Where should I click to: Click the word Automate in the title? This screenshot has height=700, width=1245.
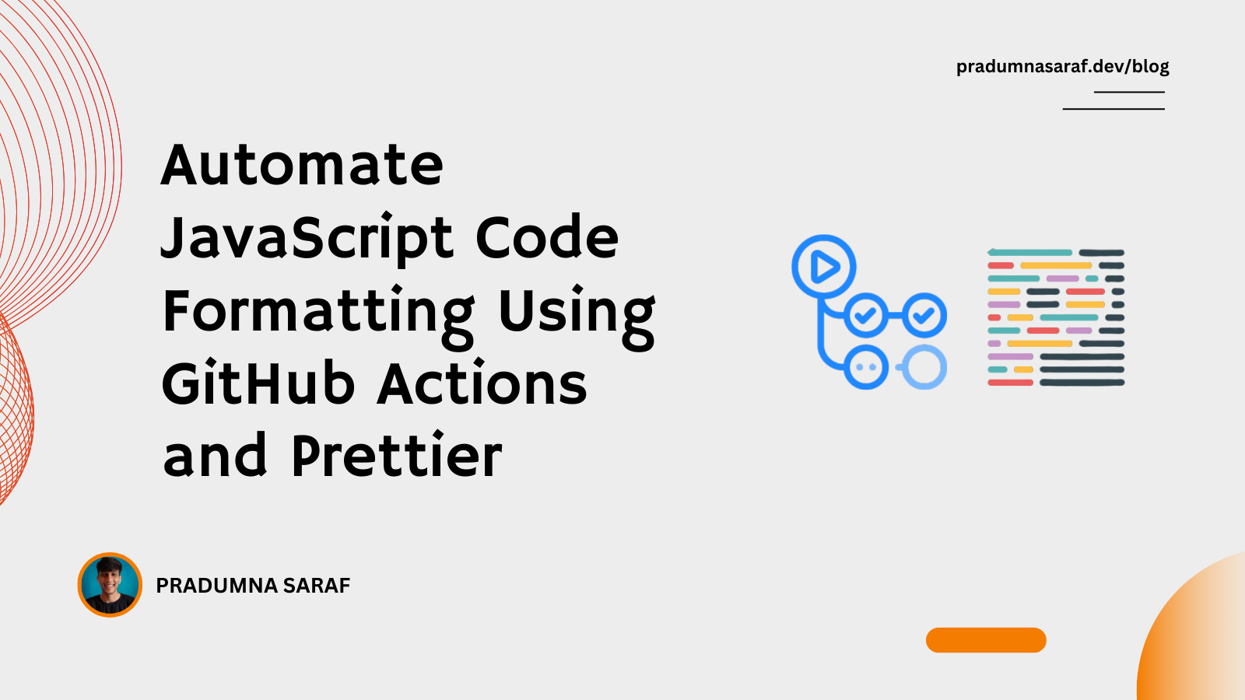pyautogui.click(x=302, y=164)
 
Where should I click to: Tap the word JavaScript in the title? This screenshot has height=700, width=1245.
pyautogui.click(x=307, y=237)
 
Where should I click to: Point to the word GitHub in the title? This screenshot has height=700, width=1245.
pyautogui.click(x=258, y=383)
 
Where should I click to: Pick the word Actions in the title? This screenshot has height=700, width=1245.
pyautogui.click(x=482, y=383)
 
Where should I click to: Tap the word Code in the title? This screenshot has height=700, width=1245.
pyautogui.click(x=547, y=237)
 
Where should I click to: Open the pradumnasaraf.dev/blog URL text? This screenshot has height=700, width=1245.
pyautogui.click(x=1062, y=67)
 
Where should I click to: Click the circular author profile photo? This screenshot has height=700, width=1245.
pyautogui.click(x=110, y=584)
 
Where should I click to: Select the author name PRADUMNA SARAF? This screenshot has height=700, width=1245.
pyautogui.click(x=253, y=586)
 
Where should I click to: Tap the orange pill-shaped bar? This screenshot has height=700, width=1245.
pyautogui.click(x=986, y=640)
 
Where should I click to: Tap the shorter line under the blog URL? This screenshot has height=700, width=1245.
pyautogui.click(x=1129, y=92)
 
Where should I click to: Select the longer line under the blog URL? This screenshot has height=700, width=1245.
pyautogui.click(x=1113, y=109)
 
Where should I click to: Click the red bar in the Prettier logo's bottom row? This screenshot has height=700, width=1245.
pyautogui.click(x=1011, y=382)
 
